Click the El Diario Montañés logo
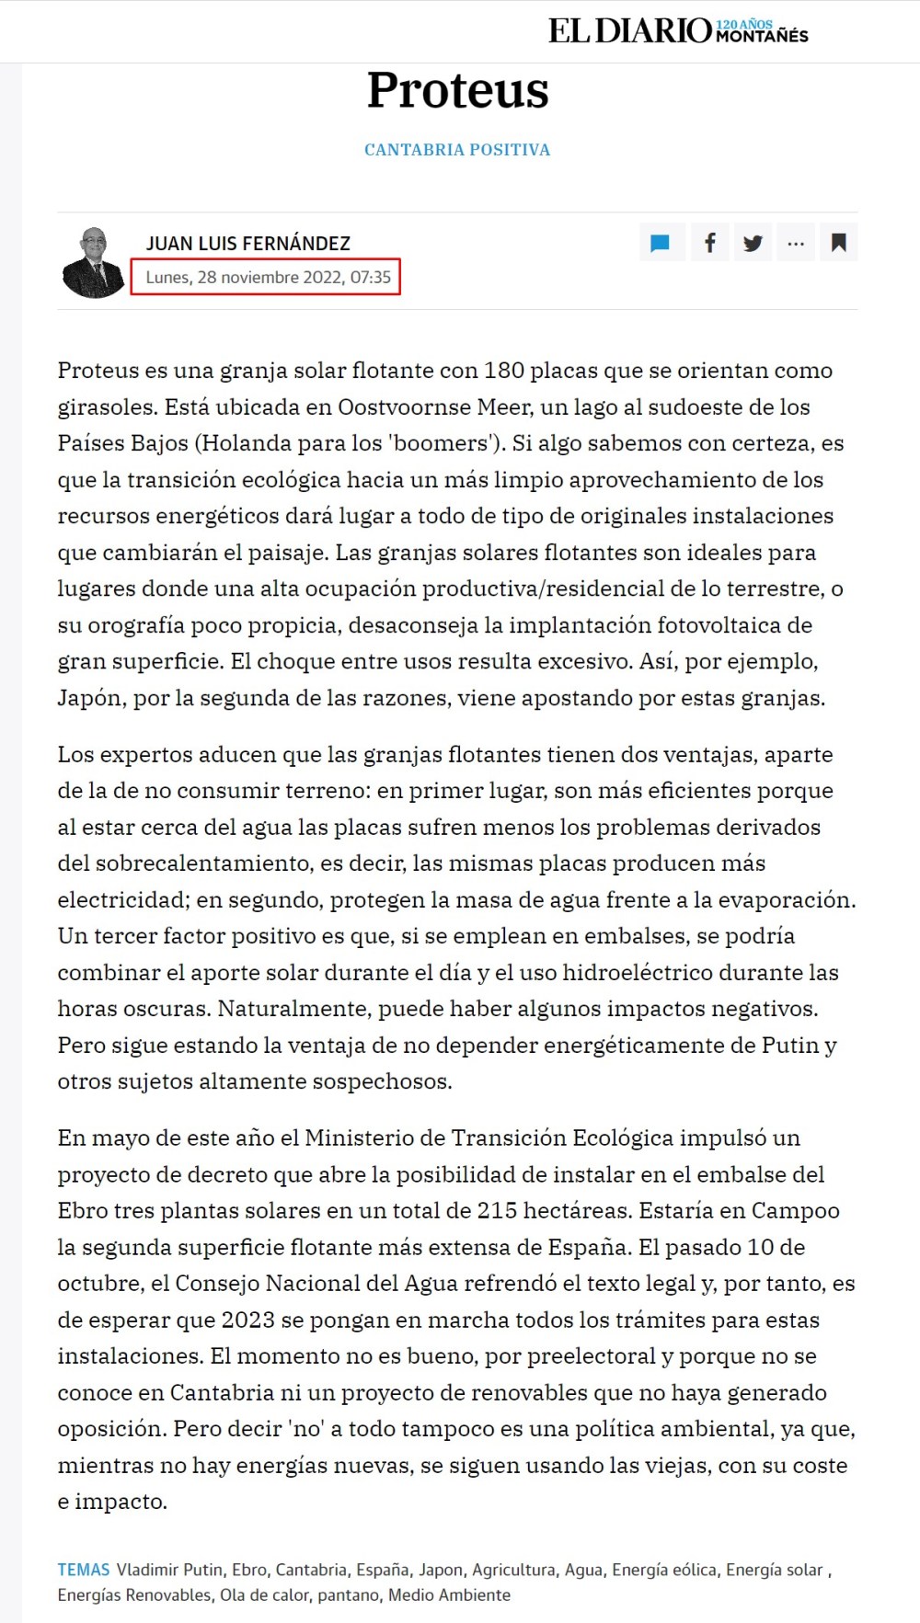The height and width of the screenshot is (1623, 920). (678, 31)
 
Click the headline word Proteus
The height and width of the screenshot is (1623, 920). (457, 90)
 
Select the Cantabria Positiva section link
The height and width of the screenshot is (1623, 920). (457, 150)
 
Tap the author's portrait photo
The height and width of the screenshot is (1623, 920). (93, 262)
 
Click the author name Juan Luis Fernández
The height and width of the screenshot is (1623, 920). (248, 244)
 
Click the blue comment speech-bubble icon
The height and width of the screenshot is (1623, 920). (660, 244)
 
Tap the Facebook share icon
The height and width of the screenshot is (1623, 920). (709, 244)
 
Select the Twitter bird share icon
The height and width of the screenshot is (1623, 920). (753, 244)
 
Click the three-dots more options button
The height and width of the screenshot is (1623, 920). (796, 244)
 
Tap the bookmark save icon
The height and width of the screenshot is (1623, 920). (838, 244)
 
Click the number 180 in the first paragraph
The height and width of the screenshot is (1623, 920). (503, 371)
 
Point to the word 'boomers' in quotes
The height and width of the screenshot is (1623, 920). (441, 443)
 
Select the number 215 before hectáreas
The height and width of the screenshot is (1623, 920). (498, 1211)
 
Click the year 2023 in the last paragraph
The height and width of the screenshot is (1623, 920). (247, 1320)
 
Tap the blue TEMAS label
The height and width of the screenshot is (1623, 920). (83, 1570)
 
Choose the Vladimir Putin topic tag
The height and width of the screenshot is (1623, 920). (169, 1570)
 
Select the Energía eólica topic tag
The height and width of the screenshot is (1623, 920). (664, 1570)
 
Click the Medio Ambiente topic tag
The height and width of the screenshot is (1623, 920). (449, 1594)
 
